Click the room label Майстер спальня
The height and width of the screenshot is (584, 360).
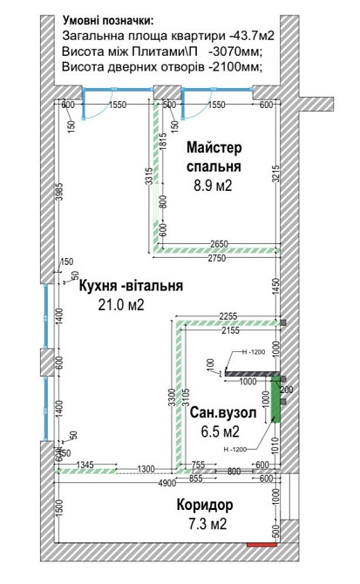(214, 157)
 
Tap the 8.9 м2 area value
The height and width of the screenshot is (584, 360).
(214, 185)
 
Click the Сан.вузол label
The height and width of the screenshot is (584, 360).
(223, 414)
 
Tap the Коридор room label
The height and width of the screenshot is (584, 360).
(206, 506)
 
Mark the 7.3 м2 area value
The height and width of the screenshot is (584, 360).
(206, 524)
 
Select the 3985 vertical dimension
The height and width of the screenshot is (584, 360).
(58, 193)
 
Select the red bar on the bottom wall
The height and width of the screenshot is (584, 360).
(261, 546)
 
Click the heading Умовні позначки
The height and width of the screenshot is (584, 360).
(109, 19)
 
